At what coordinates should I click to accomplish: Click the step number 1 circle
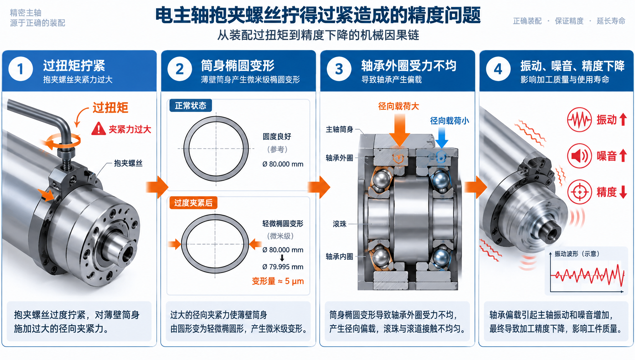(21, 69)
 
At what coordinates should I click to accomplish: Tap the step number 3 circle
(339, 69)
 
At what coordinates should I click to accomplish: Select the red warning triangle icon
(99, 129)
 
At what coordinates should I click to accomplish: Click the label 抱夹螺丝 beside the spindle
(128, 163)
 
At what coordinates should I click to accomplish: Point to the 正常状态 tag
(190, 106)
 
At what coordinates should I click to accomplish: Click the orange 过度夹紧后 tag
(193, 202)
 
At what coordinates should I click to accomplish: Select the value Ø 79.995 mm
(283, 267)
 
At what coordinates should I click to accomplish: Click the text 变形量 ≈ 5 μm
(278, 281)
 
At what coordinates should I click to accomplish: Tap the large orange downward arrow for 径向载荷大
(400, 130)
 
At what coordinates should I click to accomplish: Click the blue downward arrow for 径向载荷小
(442, 138)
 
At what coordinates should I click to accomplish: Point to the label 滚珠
(340, 224)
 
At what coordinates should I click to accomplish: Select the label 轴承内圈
(339, 256)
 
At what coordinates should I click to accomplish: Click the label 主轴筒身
(339, 129)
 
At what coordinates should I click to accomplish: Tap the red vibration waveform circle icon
(579, 119)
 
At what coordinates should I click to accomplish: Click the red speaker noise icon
(579, 156)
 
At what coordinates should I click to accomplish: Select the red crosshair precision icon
(579, 192)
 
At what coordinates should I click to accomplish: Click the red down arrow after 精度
(623, 192)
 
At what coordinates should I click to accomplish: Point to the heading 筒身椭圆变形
(238, 66)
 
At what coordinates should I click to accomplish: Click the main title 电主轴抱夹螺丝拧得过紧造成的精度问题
(318, 15)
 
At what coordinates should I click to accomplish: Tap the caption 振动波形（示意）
(577, 254)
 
